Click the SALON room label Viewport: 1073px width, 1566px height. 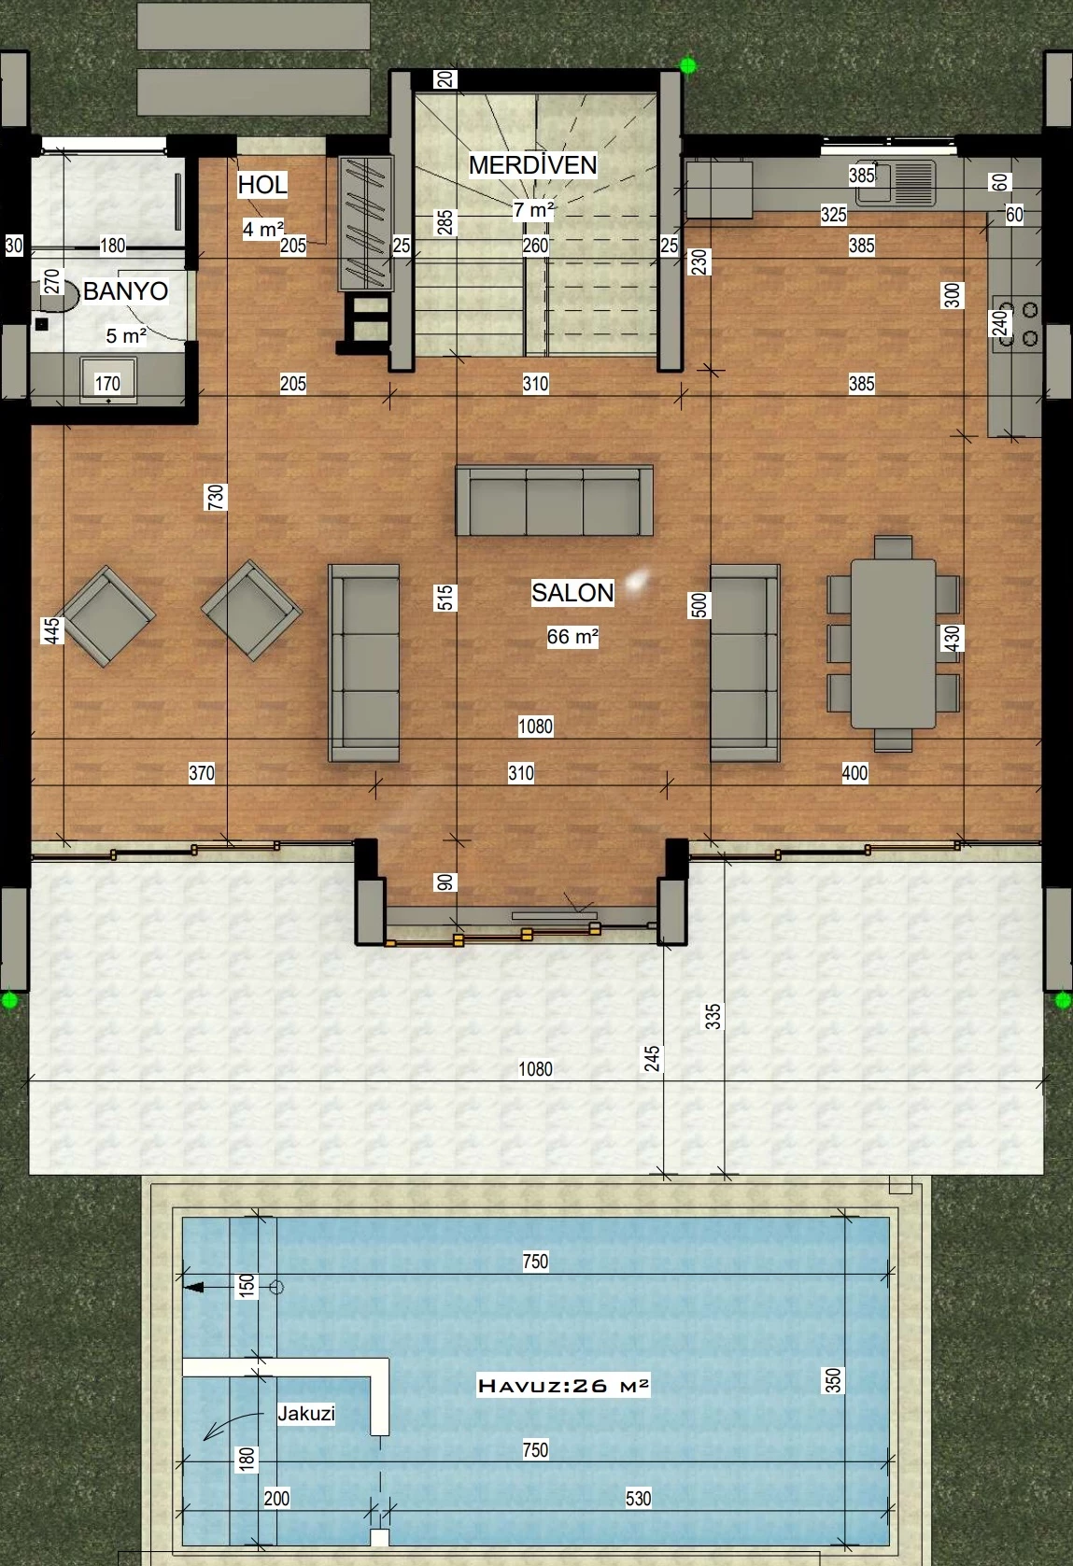(572, 593)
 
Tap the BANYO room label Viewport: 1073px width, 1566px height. (126, 290)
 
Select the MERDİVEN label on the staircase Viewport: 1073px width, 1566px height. (532, 165)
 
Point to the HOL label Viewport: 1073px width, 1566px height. (262, 185)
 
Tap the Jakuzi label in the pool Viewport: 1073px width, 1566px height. (306, 1414)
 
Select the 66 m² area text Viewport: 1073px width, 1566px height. (572, 636)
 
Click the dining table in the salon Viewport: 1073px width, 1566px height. (893, 643)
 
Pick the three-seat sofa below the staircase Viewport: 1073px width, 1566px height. (555, 501)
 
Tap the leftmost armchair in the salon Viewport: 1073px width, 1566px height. (108, 616)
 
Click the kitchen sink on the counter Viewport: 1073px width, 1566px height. (897, 182)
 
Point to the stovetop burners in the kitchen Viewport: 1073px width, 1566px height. (1017, 324)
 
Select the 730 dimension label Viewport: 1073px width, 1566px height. (216, 497)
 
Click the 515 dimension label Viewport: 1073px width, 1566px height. (445, 598)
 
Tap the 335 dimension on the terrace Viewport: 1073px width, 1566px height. (713, 1017)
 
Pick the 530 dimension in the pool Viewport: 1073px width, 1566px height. (638, 1498)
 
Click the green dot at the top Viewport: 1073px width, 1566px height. (688, 65)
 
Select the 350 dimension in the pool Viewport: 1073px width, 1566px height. (833, 1380)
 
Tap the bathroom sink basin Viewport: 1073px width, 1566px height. (108, 380)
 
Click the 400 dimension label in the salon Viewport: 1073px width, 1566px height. (854, 773)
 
